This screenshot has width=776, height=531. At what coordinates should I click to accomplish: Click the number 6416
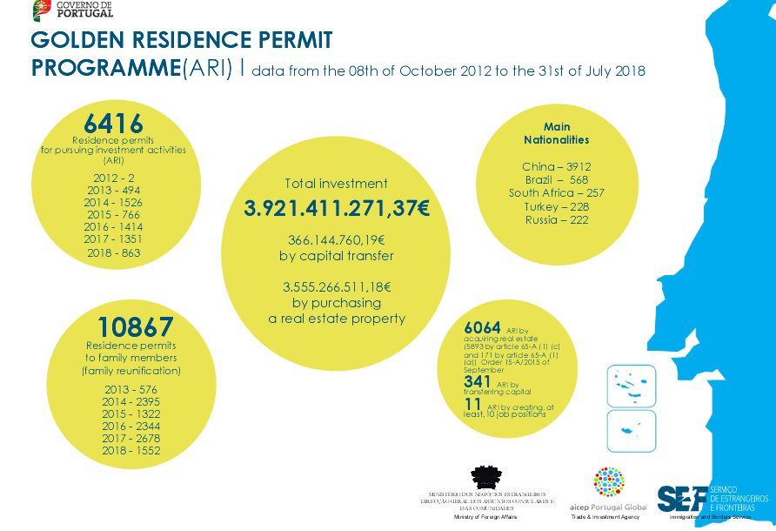[113, 124]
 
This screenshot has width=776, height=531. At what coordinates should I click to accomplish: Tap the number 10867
[135, 327]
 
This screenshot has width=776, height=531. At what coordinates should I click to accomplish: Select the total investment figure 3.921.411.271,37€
[336, 209]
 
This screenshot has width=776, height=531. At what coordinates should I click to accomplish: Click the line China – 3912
[557, 166]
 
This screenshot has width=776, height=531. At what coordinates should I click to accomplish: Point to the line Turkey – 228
[557, 206]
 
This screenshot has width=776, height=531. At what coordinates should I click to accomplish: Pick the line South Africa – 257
[557, 192]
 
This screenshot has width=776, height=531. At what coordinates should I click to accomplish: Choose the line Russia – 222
[557, 220]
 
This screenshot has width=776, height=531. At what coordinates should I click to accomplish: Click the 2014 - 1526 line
[113, 202]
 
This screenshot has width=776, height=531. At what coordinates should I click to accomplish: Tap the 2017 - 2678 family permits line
[131, 438]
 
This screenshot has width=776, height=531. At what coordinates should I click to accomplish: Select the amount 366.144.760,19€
[336, 239]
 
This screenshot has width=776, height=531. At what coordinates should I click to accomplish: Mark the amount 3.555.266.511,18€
[336, 286]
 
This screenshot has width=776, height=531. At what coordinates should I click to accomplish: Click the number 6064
[482, 327]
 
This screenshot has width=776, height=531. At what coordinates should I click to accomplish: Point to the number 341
[478, 381]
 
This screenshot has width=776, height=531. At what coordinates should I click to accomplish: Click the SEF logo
[683, 498]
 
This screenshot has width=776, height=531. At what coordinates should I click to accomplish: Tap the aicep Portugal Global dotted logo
[608, 482]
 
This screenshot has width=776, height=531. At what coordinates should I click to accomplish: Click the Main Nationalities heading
[557, 133]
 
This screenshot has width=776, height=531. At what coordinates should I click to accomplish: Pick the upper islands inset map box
[631, 386]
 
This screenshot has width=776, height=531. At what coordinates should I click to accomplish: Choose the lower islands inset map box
[631, 431]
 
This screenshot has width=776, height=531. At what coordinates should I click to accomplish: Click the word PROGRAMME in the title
[104, 69]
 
